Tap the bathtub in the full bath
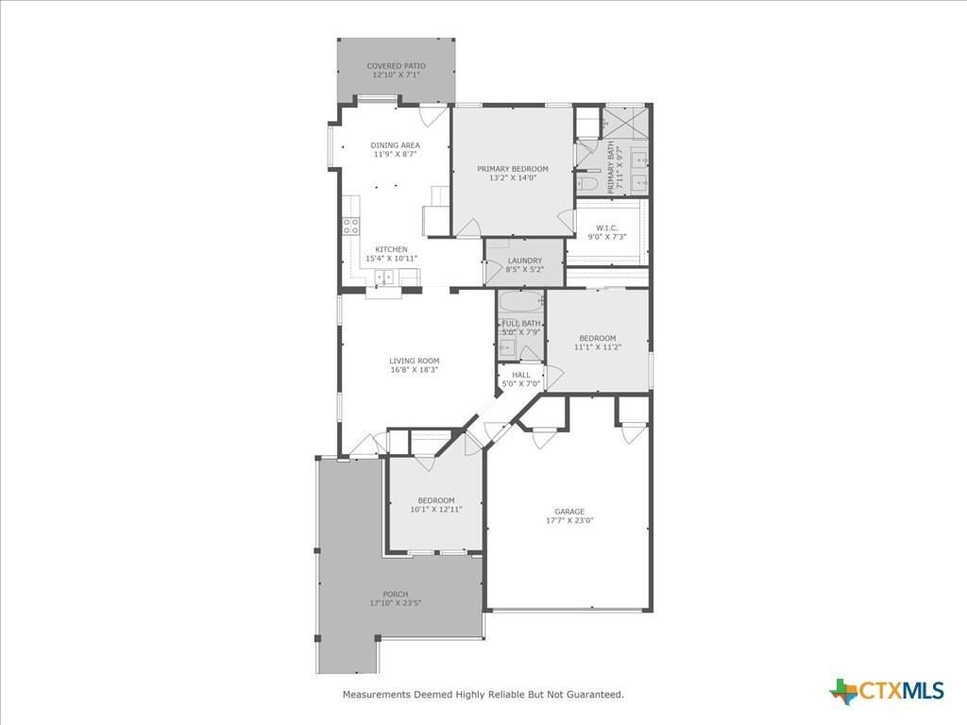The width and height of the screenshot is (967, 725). click(521, 303)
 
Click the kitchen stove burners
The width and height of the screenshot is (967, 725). click(350, 225)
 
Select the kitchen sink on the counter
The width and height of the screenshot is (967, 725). click(385, 277)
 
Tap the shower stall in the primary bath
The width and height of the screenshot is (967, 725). click(625, 123)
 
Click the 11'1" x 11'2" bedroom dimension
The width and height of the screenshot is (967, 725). click(597, 347)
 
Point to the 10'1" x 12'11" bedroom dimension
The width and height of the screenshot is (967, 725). click(435, 510)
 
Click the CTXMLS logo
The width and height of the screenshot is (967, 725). click(887, 691)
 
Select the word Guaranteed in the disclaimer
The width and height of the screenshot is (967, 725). click(592, 695)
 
